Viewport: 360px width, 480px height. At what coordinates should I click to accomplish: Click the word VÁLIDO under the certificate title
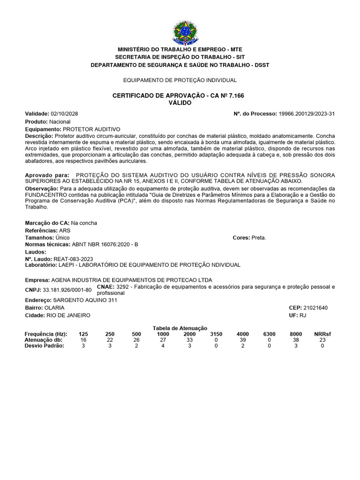click(180, 103)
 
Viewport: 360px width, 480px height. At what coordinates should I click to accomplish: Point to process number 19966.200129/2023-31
click(307, 114)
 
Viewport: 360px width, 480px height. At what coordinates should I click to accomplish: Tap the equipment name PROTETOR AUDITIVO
click(91, 129)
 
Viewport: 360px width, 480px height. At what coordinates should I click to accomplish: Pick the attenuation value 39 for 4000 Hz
click(242, 340)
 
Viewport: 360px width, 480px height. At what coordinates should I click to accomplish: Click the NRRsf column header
click(322, 334)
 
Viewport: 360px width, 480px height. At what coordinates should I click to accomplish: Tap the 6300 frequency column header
click(269, 334)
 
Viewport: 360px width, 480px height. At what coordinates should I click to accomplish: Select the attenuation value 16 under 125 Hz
click(83, 340)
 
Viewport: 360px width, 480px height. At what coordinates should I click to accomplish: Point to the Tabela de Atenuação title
click(180, 328)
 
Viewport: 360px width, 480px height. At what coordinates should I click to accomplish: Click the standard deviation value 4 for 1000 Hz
click(163, 346)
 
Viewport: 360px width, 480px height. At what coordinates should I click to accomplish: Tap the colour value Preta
click(259, 238)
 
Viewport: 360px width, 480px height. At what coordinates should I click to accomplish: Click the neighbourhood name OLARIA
click(54, 307)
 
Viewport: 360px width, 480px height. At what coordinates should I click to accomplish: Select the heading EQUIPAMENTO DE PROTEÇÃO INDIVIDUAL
click(180, 80)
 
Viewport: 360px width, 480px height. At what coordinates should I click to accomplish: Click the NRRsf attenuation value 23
click(322, 340)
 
